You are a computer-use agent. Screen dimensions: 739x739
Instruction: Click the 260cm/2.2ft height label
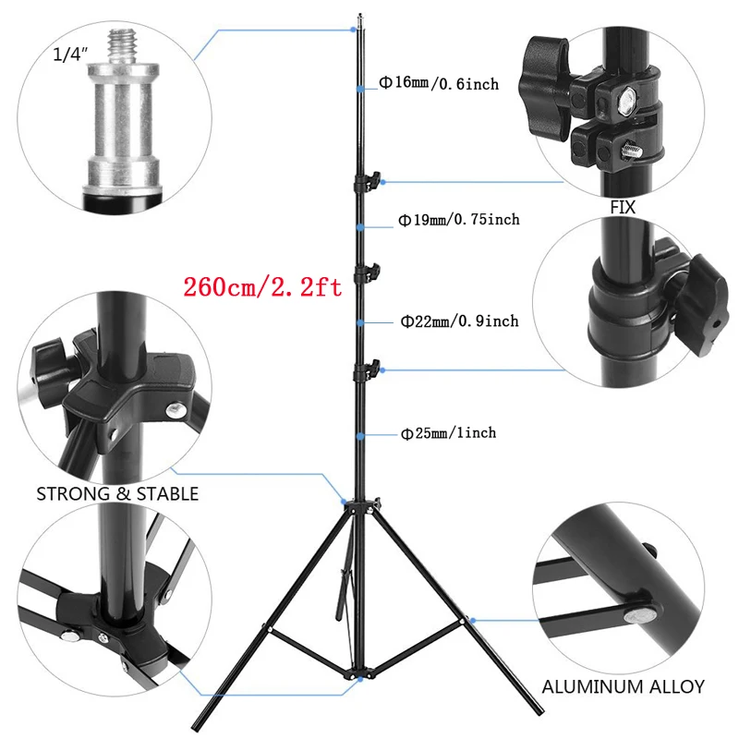(262, 287)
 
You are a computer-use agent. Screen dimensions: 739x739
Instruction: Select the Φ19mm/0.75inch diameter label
(459, 220)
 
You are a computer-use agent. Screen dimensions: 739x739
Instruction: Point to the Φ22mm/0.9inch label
(459, 321)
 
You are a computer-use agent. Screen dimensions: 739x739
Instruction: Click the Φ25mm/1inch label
(448, 432)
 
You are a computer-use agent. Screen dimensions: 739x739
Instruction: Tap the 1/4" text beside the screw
(70, 55)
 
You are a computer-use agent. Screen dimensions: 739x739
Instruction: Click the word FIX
(624, 208)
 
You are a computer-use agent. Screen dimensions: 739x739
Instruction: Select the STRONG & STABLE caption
(117, 494)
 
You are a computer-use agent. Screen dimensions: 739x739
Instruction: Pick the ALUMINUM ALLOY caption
(623, 687)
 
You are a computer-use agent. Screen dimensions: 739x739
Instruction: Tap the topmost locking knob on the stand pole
(374, 178)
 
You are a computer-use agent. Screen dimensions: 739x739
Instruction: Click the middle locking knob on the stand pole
(374, 271)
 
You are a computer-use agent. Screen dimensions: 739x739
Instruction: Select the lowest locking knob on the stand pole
(374, 369)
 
